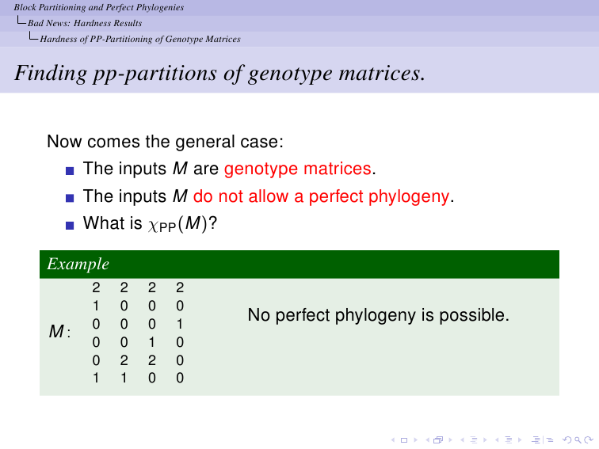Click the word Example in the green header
tap(78, 264)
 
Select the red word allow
tap(268, 196)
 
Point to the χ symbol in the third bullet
tap(153, 225)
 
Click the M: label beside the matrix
tap(59, 331)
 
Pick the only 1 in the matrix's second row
tap(96, 306)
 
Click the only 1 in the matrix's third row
tap(180, 324)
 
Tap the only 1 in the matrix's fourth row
tap(152, 342)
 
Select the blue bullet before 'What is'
tap(70, 225)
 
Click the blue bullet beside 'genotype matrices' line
tap(70, 171)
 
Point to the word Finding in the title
tap(51, 73)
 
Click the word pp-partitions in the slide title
tap(155, 74)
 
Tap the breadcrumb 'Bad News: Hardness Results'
tap(85, 23)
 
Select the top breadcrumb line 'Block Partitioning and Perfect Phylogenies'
tap(99, 7)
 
